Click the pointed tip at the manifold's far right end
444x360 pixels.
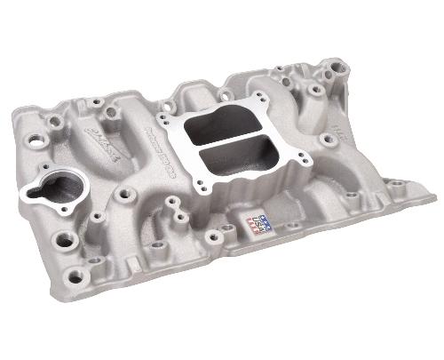[x=424, y=184]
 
